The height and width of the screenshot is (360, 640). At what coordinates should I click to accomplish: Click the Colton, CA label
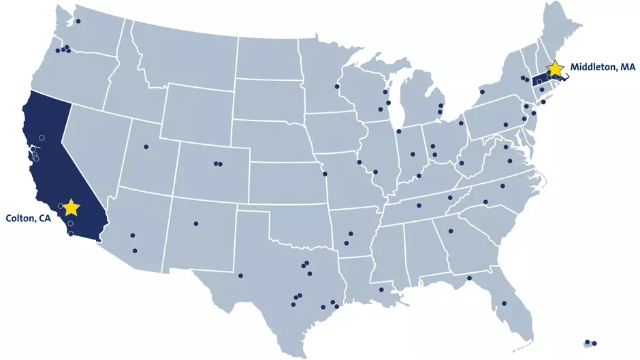28,218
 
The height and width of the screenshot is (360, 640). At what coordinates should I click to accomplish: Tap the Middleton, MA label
603,67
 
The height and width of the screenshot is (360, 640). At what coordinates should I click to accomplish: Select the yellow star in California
71,207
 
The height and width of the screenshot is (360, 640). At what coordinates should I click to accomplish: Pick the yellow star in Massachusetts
556,68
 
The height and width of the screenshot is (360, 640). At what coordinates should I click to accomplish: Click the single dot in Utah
145,147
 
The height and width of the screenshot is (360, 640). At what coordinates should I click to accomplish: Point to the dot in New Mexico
195,223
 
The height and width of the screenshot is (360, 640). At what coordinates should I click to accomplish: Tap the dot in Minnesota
336,86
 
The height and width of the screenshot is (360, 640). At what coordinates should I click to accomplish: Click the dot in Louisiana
381,290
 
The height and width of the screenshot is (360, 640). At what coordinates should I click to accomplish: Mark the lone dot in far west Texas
240,276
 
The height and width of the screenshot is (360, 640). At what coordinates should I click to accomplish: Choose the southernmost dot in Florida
504,304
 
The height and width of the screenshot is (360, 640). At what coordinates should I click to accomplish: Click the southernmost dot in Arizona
134,250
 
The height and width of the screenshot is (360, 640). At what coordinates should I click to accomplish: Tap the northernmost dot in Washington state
78,21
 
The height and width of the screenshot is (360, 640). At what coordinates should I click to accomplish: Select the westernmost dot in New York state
482,91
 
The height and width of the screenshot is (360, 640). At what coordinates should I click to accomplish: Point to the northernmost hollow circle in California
42,137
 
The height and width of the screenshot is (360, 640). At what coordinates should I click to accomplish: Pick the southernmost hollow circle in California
71,233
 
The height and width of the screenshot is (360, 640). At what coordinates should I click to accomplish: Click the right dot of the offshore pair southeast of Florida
594,343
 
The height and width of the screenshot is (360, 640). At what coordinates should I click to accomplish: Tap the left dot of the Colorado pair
215,163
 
